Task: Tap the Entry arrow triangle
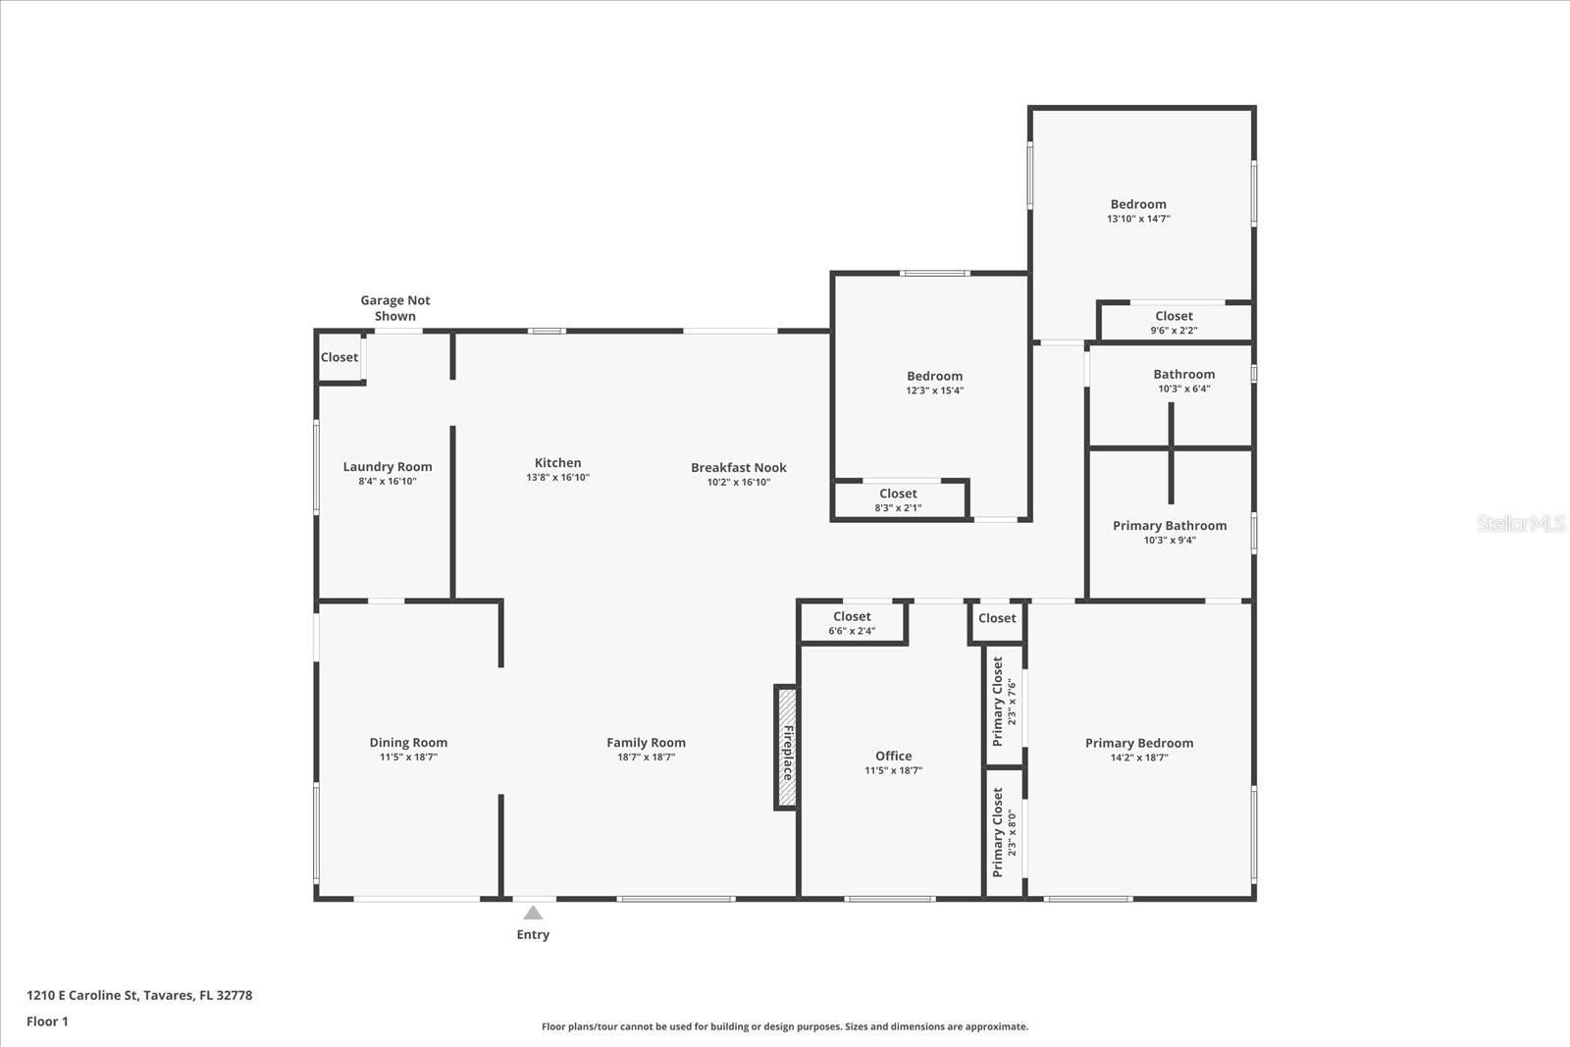tap(533, 914)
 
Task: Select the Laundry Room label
tap(388, 467)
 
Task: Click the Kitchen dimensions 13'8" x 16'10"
tap(557, 478)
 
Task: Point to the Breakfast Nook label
tap(738, 468)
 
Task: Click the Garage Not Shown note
tap(394, 308)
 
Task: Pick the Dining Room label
tap(408, 743)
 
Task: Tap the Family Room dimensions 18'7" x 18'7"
tap(646, 758)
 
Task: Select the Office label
tap(893, 756)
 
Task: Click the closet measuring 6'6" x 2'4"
tap(852, 623)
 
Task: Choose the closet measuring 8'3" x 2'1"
tap(898, 500)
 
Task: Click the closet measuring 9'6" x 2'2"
tap(1174, 323)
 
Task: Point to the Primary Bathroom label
tap(1169, 526)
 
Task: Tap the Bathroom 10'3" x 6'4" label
tap(1183, 380)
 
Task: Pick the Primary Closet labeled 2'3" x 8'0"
tap(1004, 831)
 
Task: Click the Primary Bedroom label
tap(1138, 743)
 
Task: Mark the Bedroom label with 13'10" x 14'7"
tap(1138, 205)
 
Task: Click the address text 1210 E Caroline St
tap(138, 995)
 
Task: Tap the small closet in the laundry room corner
tap(340, 357)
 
